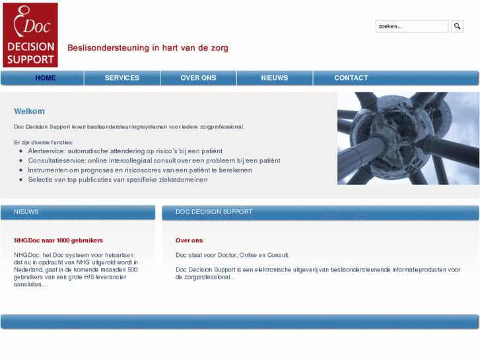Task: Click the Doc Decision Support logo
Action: [30, 35]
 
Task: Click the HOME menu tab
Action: [46, 78]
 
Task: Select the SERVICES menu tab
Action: [122, 78]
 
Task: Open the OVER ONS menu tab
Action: [198, 78]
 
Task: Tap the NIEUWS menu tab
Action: [275, 78]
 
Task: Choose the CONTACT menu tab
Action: [351, 78]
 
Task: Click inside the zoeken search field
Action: [411, 26]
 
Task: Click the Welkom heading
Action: [30, 112]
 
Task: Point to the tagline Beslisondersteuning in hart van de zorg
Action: [148, 48]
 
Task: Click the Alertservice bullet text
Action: [125, 151]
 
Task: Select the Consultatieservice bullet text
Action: [154, 161]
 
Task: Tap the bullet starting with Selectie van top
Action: [118, 179]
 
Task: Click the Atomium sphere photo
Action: [408, 138]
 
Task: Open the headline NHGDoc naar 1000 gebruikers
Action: [59, 240]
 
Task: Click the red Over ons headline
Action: [189, 240]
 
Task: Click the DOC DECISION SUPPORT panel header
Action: [214, 212]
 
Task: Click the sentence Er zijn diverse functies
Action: [44, 142]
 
